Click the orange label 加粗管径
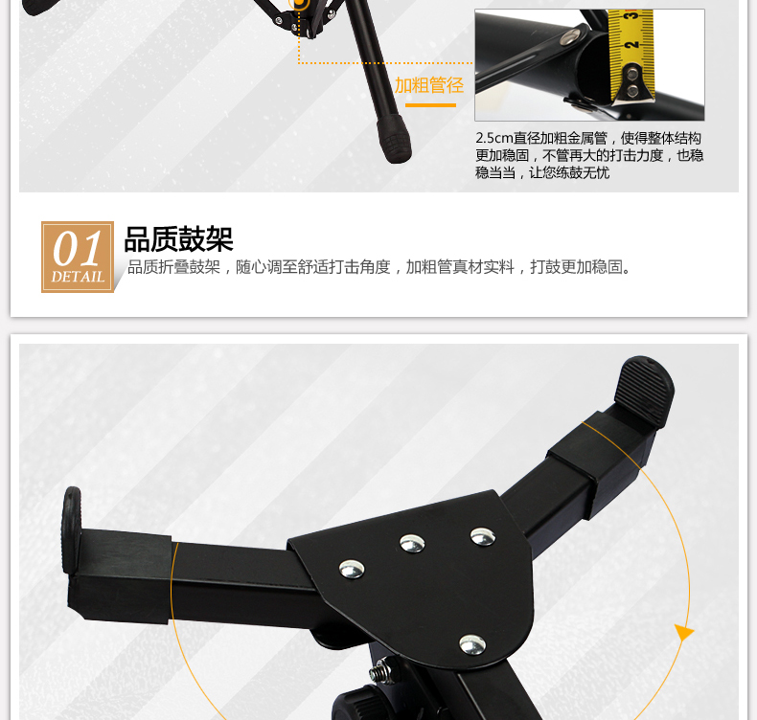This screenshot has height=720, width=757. coord(428,85)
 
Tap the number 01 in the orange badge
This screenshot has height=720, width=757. coord(78,249)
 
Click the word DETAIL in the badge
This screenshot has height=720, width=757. coord(78,277)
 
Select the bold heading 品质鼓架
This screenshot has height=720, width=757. coord(178,239)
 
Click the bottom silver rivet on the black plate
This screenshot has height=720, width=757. coord(472,644)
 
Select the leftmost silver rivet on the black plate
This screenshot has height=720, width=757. coord(352,569)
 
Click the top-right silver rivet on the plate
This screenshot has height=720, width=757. coord(483,536)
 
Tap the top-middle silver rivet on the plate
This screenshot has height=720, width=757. coord(412,544)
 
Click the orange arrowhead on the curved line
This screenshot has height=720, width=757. coord(683,631)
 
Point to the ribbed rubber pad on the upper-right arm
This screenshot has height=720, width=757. coord(644,391)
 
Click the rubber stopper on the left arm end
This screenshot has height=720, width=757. coord(72,530)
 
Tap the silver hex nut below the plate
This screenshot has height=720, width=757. coord(383,672)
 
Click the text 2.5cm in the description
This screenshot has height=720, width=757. coord(493,139)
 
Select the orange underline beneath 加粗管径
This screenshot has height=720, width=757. coord(430,104)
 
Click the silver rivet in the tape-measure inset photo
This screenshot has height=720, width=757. coord(571,36)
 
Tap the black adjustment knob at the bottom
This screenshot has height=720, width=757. coord(356,705)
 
